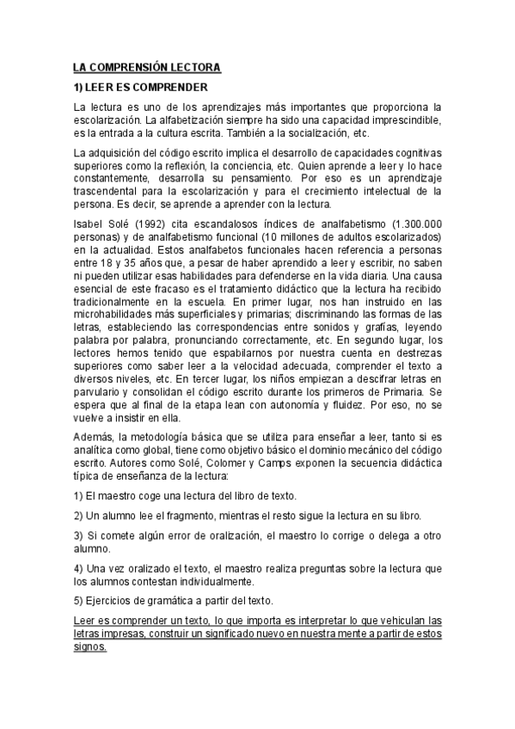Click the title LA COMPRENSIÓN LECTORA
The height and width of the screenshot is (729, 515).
[x=147, y=67]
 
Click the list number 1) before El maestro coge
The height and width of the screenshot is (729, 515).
[x=78, y=496]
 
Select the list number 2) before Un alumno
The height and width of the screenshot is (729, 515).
[x=78, y=516]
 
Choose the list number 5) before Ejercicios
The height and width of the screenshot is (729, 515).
[x=78, y=599]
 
